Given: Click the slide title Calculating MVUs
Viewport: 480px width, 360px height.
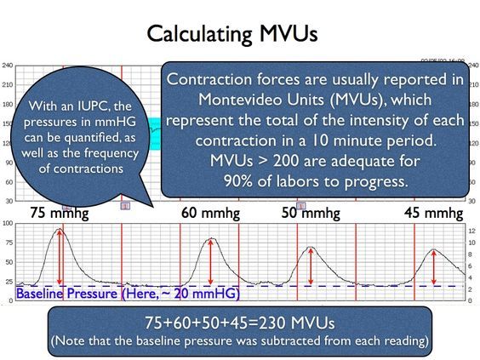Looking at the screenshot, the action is [x=232, y=33].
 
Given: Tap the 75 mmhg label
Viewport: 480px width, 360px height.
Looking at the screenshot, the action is [x=60, y=213].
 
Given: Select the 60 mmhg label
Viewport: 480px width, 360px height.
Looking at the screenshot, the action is [x=210, y=213].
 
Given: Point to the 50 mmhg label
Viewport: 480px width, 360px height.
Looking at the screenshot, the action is [x=311, y=213].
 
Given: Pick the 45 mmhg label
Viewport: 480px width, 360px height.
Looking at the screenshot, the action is [x=433, y=213].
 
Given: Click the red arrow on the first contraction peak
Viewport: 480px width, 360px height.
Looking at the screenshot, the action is [x=60, y=257].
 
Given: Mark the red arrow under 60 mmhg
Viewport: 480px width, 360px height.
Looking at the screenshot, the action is [x=210, y=262].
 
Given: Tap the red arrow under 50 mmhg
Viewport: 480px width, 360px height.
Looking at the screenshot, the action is [x=311, y=266].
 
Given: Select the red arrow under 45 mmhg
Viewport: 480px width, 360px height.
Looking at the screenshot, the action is [x=434, y=267].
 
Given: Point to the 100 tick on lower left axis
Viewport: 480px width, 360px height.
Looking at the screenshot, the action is [x=8, y=223].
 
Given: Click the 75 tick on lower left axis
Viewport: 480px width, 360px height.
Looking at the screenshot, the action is [x=9, y=243].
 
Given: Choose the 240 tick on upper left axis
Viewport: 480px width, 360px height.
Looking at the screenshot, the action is [x=8, y=66].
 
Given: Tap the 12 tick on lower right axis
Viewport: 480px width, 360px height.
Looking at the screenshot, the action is [x=471, y=231].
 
